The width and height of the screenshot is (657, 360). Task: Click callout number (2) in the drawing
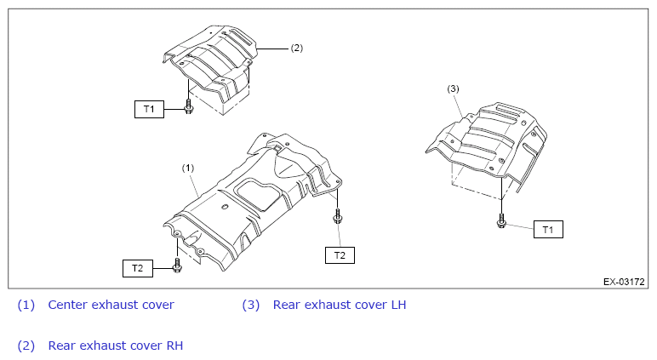click(297, 48)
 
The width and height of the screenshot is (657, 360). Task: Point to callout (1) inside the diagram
click(188, 168)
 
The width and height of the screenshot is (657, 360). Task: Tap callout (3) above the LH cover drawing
click(453, 89)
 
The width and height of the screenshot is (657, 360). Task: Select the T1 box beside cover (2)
click(149, 109)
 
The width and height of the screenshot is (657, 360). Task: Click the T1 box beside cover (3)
click(548, 229)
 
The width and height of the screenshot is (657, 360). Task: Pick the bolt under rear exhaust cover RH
click(188, 107)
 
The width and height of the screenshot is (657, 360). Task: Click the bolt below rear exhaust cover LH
click(501, 221)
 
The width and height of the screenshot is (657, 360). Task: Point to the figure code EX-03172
click(624, 282)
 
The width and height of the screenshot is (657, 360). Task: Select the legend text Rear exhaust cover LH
click(340, 305)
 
